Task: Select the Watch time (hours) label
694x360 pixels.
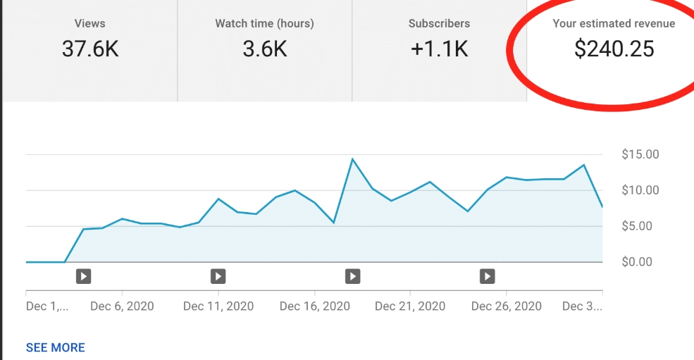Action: (x=264, y=23)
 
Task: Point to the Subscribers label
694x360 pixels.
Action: (x=439, y=23)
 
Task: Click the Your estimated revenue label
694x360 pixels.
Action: (x=614, y=23)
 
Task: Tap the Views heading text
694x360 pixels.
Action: (x=89, y=23)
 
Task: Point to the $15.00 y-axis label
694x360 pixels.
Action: (x=640, y=154)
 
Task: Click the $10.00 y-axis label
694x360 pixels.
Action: (x=640, y=190)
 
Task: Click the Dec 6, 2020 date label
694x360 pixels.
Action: (x=122, y=306)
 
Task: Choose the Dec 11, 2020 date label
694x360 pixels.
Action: (x=218, y=306)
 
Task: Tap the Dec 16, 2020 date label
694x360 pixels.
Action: (x=314, y=306)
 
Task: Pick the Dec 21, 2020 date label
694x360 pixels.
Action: (x=410, y=306)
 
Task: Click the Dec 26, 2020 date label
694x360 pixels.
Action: (x=506, y=306)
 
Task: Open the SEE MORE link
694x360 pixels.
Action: (x=55, y=347)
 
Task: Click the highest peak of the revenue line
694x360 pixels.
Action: (x=352, y=159)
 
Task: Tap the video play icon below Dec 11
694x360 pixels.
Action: (x=218, y=276)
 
